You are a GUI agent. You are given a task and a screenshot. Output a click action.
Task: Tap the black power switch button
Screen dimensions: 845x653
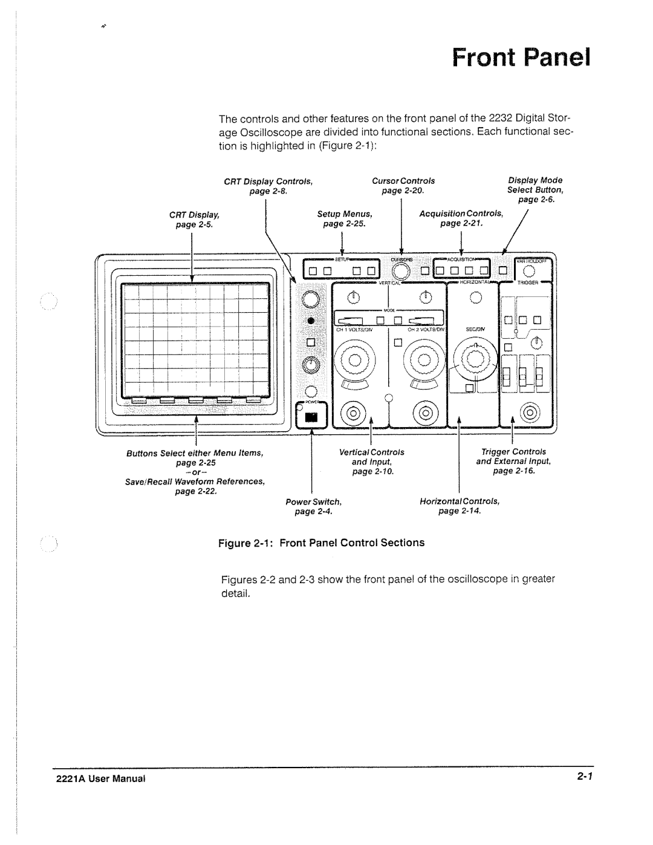311,417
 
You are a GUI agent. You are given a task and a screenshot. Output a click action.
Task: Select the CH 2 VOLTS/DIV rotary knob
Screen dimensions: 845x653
423,362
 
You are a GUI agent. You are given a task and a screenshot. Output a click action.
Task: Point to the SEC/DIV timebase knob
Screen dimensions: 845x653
475,361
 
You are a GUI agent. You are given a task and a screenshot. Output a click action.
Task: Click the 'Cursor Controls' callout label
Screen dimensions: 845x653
403,181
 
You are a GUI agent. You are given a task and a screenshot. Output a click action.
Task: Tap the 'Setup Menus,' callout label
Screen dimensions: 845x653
345,214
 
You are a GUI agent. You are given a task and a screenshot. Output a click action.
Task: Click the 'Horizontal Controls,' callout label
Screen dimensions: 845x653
460,502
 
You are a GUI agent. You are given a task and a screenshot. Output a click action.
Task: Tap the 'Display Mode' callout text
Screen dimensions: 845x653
535,180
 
